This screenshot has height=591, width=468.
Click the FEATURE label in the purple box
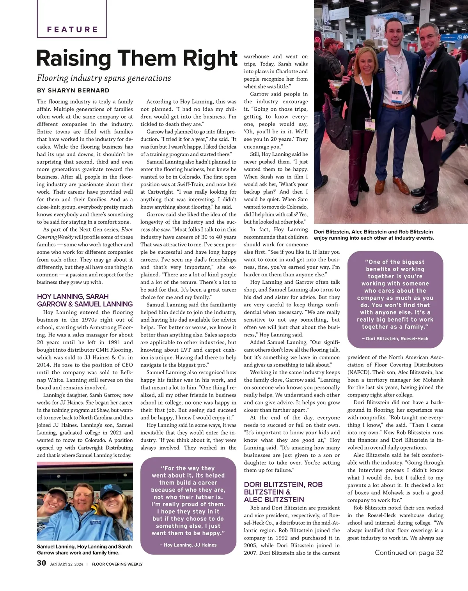click(x=72, y=29)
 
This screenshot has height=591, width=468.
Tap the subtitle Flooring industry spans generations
click(x=104, y=78)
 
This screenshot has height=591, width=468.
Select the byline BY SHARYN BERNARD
click(x=73, y=90)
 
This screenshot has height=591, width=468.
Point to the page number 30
click(x=41, y=563)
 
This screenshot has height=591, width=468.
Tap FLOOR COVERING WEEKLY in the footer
click(x=117, y=564)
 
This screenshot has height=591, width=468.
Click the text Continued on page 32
click(x=409, y=552)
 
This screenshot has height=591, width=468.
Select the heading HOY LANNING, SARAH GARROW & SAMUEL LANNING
click(x=85, y=300)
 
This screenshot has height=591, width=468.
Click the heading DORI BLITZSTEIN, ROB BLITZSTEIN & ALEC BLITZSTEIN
click(x=283, y=492)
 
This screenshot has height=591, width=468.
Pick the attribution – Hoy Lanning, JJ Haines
click(x=188, y=545)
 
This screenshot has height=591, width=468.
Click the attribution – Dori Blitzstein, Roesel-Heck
click(x=395, y=338)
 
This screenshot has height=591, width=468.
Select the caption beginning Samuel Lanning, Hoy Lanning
click(x=84, y=549)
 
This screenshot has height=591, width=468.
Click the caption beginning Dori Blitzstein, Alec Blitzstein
click(x=374, y=235)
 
